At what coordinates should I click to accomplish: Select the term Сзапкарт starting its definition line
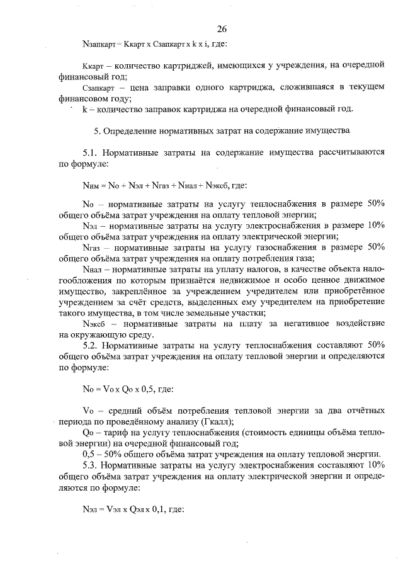tap(97, 88)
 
